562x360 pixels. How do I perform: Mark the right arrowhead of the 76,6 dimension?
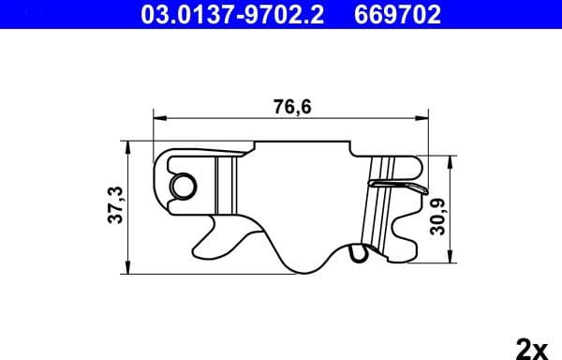[x=424, y=119]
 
